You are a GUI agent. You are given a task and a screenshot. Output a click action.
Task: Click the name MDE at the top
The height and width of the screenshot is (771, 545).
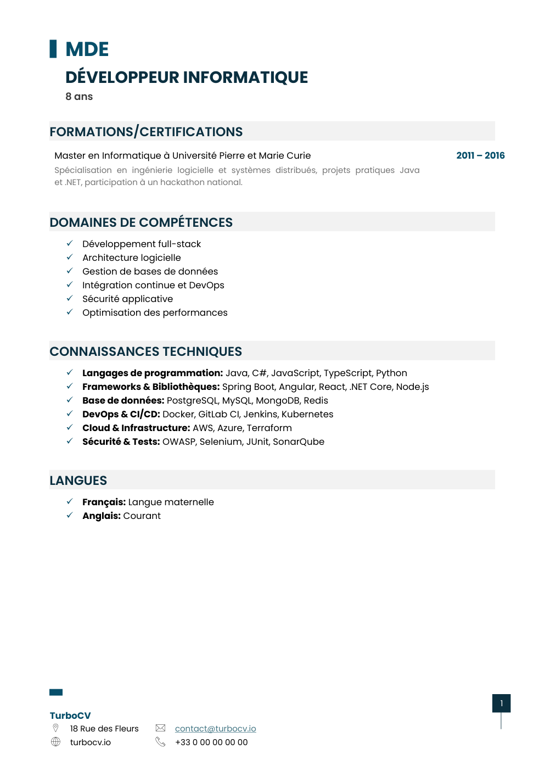[x=87, y=49]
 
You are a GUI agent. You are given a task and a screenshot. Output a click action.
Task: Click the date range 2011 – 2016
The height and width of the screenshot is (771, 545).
[x=480, y=155]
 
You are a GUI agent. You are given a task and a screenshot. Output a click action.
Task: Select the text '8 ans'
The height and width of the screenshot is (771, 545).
[x=79, y=97]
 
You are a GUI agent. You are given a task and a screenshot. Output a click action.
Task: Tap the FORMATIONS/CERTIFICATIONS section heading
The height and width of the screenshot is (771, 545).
[x=146, y=132]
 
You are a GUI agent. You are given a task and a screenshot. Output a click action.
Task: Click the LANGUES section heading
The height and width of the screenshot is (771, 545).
[x=78, y=481]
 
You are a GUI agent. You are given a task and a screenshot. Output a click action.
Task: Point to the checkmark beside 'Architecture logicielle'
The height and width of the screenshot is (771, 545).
[x=70, y=257]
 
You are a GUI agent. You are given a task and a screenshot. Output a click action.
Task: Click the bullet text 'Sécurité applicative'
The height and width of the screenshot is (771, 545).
[x=127, y=299]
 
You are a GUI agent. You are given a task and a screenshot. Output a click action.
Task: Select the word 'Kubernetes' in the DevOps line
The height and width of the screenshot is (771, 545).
[x=307, y=414]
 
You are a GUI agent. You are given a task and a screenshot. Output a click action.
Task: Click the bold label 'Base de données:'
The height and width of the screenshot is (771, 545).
[x=123, y=400]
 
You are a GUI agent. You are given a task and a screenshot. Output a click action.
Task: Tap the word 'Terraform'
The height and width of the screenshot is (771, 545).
[x=269, y=428]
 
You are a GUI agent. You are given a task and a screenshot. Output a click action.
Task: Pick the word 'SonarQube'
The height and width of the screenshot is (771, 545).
[x=299, y=442]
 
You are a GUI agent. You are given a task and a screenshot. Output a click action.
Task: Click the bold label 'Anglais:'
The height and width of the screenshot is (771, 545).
[x=102, y=516]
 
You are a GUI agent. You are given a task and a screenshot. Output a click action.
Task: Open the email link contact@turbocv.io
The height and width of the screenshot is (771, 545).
[x=215, y=728]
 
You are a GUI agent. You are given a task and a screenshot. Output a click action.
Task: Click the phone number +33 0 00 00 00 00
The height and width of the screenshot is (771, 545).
[x=211, y=742]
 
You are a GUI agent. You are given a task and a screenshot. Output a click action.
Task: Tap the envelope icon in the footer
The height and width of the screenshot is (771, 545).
[x=160, y=728]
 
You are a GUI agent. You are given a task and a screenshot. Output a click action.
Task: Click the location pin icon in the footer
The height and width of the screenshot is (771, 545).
[x=55, y=728]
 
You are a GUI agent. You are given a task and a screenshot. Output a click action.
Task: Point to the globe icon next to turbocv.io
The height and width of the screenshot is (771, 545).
[x=55, y=741]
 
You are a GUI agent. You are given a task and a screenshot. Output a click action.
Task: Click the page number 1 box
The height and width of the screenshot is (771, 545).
[x=501, y=703]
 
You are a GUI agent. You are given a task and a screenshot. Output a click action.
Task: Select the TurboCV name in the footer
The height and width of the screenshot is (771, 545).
[x=70, y=716]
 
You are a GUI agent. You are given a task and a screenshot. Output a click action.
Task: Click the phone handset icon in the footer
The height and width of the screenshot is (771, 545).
[x=160, y=741]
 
